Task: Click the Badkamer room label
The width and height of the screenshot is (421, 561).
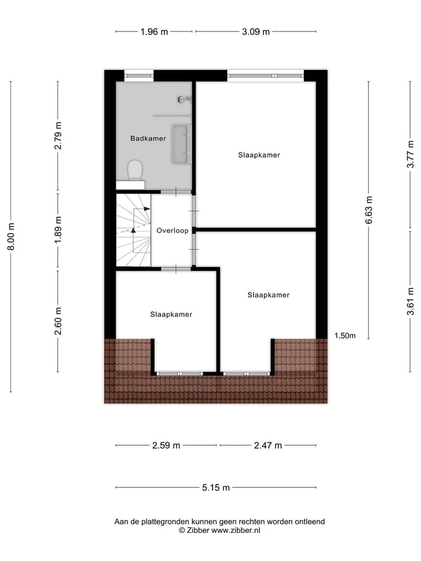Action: (148, 138)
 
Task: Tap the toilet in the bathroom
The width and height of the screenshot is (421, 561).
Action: (135, 170)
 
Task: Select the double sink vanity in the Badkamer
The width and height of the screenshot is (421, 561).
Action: (181, 144)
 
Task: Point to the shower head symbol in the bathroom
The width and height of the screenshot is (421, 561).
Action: (184, 99)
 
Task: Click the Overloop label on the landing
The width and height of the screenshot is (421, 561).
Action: (172, 231)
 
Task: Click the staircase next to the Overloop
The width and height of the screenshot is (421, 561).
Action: (133, 230)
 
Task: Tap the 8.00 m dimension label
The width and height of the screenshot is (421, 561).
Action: (11, 237)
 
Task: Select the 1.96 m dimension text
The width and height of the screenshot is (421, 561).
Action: (154, 32)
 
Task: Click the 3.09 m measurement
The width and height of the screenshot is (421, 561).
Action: (256, 32)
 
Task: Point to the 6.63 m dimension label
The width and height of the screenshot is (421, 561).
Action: (369, 210)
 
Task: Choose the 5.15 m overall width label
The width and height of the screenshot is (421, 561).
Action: (216, 487)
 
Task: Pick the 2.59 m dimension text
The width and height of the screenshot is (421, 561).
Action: (166, 445)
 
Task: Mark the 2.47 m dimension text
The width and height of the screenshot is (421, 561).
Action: (268, 445)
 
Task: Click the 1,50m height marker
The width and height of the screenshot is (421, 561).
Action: (345, 335)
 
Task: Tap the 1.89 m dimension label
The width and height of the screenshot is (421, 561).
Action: (58, 230)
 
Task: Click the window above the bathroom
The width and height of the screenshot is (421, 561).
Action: (139, 75)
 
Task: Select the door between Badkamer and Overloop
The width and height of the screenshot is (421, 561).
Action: (176, 192)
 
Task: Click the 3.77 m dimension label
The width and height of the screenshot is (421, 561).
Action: (410, 154)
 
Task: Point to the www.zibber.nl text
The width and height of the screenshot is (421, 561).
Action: (236, 531)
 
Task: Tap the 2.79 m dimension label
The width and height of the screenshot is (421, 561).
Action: (58, 136)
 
